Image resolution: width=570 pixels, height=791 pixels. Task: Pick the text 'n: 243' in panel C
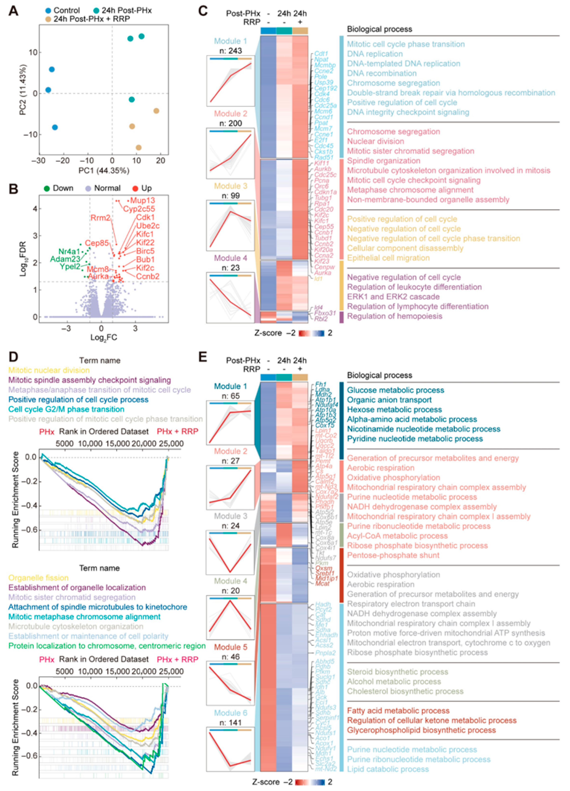[x=230, y=51]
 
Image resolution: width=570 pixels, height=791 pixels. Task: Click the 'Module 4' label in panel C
[x=230, y=258]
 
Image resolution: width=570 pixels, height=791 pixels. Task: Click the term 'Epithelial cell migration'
[x=388, y=258]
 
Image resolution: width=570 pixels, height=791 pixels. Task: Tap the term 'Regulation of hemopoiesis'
[x=394, y=316]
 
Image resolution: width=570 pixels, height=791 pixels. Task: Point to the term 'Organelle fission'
[x=38, y=578]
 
